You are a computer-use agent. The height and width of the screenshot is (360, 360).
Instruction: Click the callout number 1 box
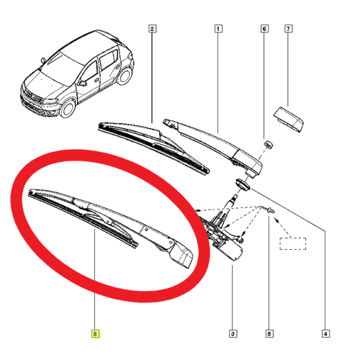218,29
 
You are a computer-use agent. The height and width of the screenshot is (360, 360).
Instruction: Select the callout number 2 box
152,29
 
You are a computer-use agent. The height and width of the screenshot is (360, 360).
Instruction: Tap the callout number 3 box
233,333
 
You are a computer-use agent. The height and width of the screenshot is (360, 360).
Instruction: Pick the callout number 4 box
325,333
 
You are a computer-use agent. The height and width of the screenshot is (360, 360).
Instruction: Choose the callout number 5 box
269,333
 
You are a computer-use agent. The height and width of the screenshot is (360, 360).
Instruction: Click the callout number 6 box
264,29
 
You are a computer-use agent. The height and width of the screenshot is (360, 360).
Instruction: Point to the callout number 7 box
288,29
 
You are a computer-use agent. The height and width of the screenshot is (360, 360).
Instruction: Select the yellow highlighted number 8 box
95,333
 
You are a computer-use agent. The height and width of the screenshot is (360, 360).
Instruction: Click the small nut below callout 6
269,145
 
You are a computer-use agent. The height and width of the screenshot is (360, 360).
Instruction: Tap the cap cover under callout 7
289,120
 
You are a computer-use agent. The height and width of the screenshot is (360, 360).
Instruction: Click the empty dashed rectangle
292,243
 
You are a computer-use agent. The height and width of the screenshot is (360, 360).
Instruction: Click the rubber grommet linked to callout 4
243,185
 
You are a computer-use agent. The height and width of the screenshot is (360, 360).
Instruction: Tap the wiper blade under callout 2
153,147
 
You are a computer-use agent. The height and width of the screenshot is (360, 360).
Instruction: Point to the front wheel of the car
68,107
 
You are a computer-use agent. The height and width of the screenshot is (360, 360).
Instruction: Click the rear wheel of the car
125,76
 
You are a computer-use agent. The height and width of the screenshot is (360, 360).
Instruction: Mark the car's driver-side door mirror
82,83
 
